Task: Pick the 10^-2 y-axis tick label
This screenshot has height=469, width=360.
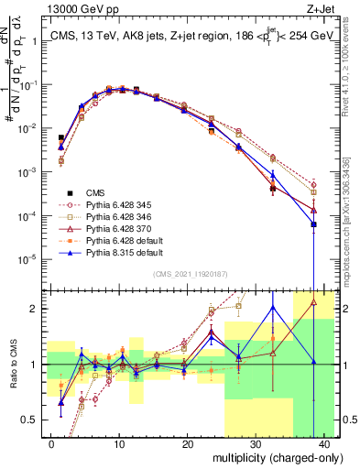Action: point(30,128)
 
